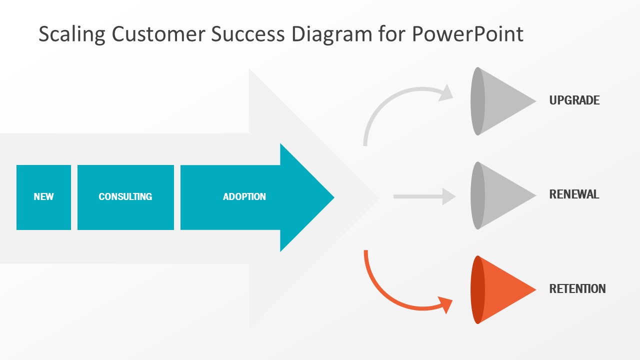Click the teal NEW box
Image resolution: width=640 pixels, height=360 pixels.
tap(43, 197)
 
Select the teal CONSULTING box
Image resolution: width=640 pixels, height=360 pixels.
tap(125, 197)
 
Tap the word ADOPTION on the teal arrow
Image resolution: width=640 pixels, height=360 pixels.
tap(244, 196)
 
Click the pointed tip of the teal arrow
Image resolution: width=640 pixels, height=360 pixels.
tap(333, 197)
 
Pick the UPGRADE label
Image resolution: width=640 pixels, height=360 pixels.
tap(574, 100)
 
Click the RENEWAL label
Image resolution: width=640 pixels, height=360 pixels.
tap(574, 194)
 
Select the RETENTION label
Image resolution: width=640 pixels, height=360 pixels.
tap(577, 289)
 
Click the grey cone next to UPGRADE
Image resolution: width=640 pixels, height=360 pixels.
tap(503, 101)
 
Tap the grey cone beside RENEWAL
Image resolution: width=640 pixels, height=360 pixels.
tap(503, 195)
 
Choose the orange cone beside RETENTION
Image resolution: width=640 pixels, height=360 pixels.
tap(503, 289)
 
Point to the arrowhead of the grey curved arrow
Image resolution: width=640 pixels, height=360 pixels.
tap(445, 93)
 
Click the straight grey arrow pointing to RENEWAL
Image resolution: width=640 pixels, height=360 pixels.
tap(424, 196)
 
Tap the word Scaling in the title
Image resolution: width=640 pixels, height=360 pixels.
tap(72, 34)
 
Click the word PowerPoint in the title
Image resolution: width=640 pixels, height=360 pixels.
tap(467, 34)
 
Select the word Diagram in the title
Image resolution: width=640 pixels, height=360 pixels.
tap(331, 35)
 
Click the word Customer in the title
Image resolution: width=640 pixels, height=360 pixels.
tap(158, 34)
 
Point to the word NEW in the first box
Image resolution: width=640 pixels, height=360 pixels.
tap(43, 196)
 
